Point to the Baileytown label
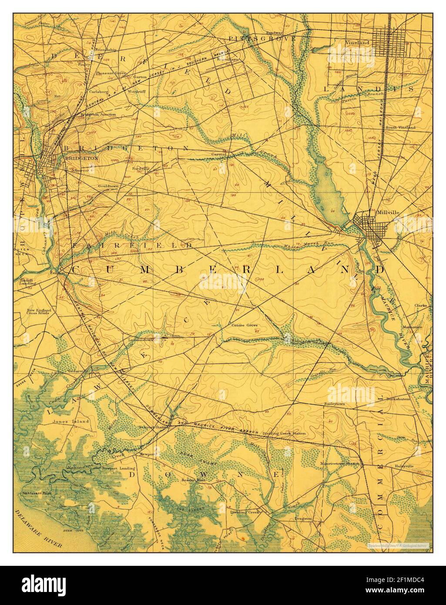tap(334, 404)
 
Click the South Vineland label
tap(399, 128)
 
